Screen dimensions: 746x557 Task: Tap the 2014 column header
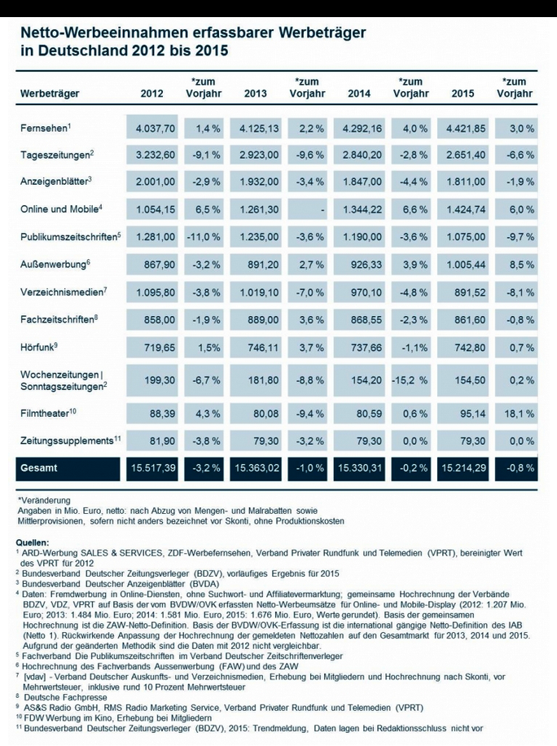click(358, 94)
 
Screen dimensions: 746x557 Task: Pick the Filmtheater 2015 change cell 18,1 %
click(518, 413)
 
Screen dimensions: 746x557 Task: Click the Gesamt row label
click(40, 468)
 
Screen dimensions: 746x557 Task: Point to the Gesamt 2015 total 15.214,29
click(464, 468)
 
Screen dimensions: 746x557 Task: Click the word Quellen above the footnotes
click(33, 542)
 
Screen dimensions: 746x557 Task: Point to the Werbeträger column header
click(50, 94)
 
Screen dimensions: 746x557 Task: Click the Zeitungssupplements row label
click(70, 441)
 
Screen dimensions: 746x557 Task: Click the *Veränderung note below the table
click(44, 499)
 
